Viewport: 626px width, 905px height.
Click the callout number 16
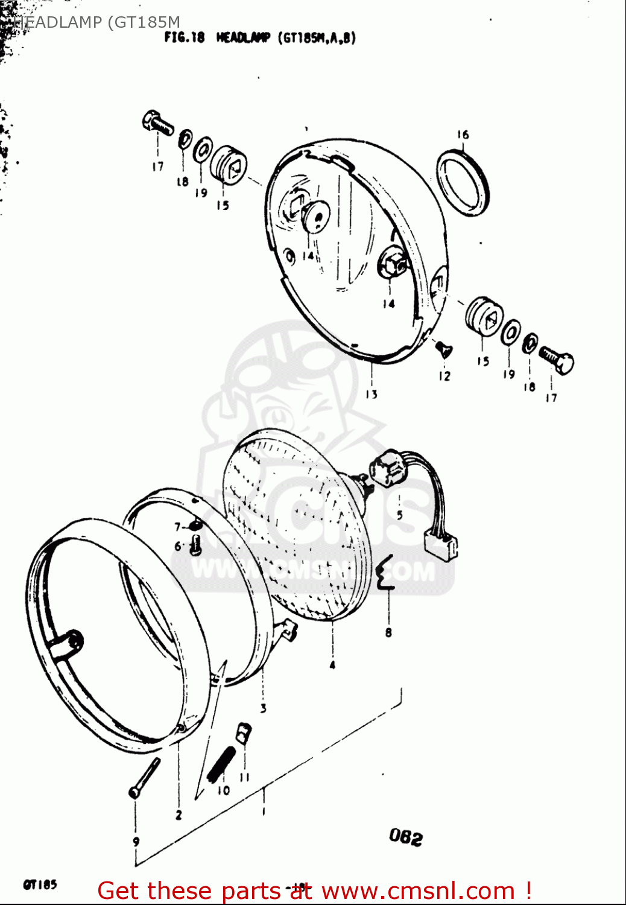[x=463, y=135]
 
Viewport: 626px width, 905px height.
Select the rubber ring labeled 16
[x=463, y=182]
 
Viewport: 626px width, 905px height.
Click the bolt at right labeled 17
[x=557, y=360]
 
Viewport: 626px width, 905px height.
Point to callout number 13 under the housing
[x=371, y=394]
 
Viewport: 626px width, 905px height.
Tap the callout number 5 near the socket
[x=399, y=515]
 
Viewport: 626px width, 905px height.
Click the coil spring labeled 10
[x=221, y=764]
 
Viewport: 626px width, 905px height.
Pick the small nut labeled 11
[x=243, y=733]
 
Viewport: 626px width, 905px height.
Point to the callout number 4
[x=332, y=665]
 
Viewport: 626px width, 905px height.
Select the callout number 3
[x=264, y=708]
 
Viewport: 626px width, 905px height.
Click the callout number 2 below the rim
[x=179, y=815]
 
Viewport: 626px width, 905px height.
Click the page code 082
[x=406, y=837]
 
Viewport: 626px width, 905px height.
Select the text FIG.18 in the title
[x=185, y=37]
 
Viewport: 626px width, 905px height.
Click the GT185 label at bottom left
[x=40, y=884]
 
